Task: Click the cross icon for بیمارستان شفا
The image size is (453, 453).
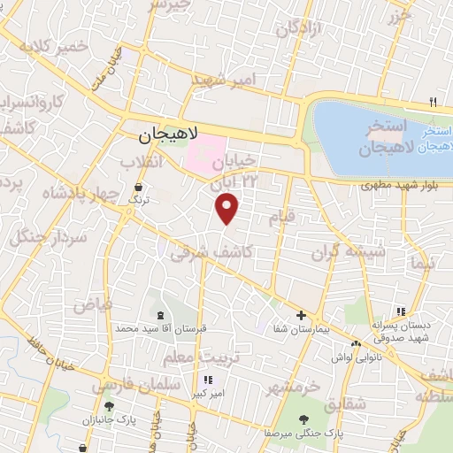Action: tap(301, 315)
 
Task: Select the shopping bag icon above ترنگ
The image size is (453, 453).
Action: tap(139, 188)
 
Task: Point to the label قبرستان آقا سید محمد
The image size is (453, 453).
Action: tap(160, 327)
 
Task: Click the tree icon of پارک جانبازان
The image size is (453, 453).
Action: tap(109, 406)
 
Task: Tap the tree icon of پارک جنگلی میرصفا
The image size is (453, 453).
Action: tap(304, 419)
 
